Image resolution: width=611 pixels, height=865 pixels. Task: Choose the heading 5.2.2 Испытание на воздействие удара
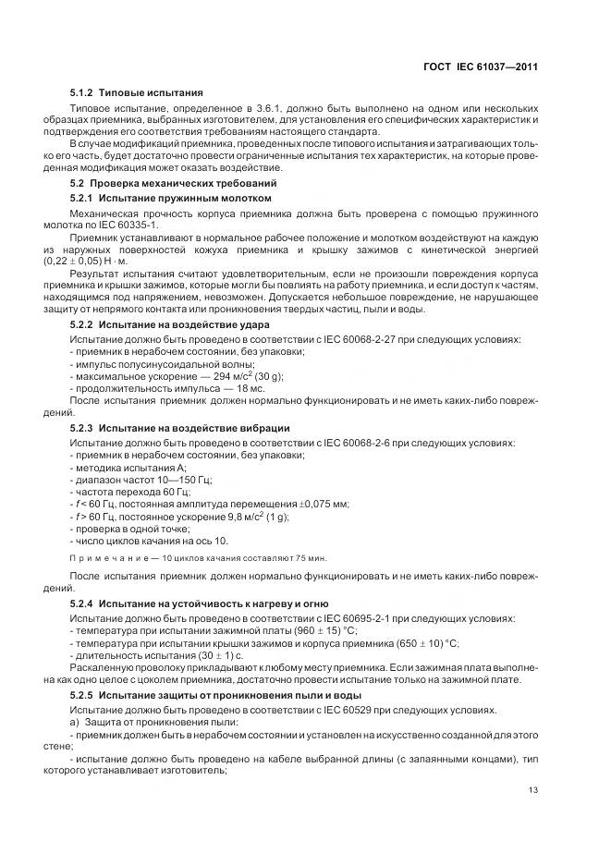tap(170, 326)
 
